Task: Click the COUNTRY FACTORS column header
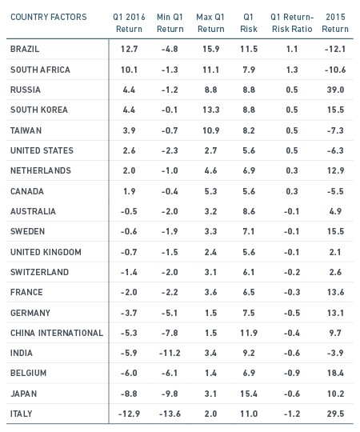pyautogui.click(x=49, y=17)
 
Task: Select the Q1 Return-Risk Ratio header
pyautogui.click(x=292, y=23)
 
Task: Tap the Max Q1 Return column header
pyautogui.click(x=210, y=23)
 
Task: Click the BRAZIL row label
pyautogui.click(x=25, y=49)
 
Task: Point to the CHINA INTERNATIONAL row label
pyautogui.click(x=57, y=333)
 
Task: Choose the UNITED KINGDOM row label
pyautogui.click(x=46, y=252)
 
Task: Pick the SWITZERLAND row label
pyautogui.click(x=39, y=272)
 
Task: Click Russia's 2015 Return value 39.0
pyautogui.click(x=335, y=90)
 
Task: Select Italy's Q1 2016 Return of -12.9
pyautogui.click(x=129, y=414)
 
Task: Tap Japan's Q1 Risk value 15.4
pyautogui.click(x=249, y=394)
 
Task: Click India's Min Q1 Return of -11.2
pyautogui.click(x=170, y=353)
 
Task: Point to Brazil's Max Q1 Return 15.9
pyautogui.click(x=211, y=49)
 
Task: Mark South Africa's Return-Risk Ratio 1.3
pyautogui.click(x=292, y=70)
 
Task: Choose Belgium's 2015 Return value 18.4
pyautogui.click(x=335, y=373)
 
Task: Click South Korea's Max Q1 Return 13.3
pyautogui.click(x=211, y=110)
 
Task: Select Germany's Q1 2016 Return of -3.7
pyautogui.click(x=129, y=313)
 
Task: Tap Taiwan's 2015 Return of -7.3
pyautogui.click(x=335, y=130)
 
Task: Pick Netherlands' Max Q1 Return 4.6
pyautogui.click(x=210, y=170)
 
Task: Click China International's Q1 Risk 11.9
pyautogui.click(x=249, y=333)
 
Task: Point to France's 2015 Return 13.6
pyautogui.click(x=335, y=292)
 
